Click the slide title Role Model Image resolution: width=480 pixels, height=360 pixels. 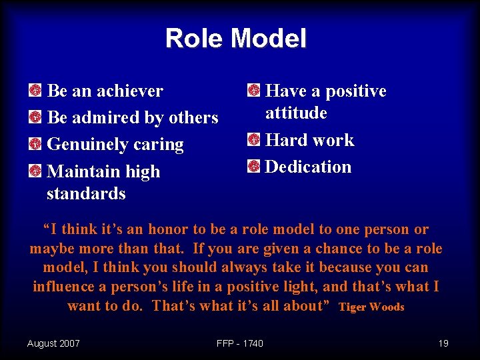(x=236, y=38)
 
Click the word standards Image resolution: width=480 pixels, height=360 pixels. (x=86, y=194)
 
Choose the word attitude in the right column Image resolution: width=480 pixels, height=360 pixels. (x=296, y=113)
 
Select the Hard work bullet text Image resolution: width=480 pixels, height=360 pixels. (x=309, y=140)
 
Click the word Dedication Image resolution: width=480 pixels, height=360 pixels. (x=308, y=167)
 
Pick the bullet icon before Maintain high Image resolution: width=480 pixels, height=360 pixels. (x=35, y=171)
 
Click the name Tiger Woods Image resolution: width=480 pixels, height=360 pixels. (x=371, y=307)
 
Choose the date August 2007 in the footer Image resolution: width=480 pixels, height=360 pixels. (x=53, y=343)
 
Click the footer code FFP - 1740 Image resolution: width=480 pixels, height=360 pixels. (x=240, y=343)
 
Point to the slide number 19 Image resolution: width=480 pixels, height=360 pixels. (x=443, y=343)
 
